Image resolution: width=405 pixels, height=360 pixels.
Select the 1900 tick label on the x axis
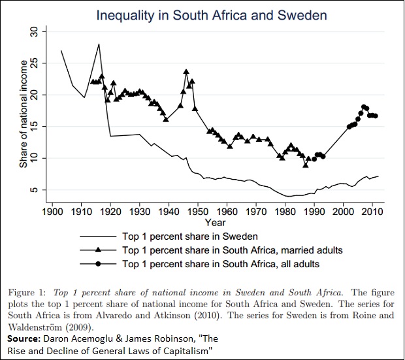click(52, 212)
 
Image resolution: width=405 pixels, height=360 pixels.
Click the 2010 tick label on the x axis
click(372, 212)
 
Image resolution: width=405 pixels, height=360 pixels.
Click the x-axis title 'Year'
click(212, 223)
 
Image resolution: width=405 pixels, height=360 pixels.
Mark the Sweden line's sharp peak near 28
click(99, 44)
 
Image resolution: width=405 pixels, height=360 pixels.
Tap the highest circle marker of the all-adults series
click(364, 106)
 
